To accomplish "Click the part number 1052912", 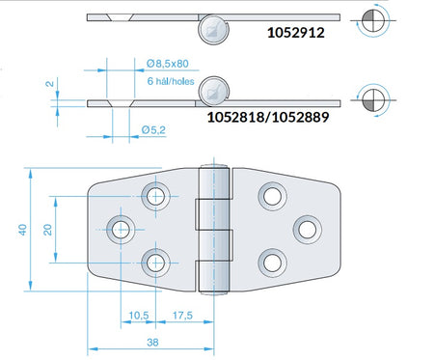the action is pos(296,33).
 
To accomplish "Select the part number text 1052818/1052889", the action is pos(268,117).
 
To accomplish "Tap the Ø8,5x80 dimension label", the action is pos(168,64).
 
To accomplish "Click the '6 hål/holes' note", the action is pos(171,81).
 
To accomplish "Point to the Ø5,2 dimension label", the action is pos(153,130).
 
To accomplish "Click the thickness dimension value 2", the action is pos(49,84).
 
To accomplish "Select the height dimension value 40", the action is pos(22,230).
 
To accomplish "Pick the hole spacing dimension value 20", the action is pos(47,230).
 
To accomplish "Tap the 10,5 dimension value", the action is pos(139,316).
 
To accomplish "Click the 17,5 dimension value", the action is pos(182,316).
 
